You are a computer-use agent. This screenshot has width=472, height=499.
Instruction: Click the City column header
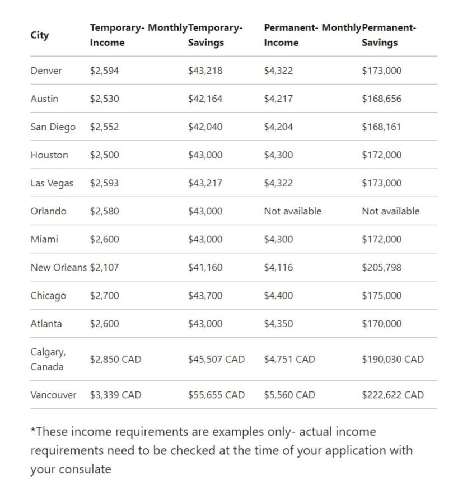tap(39, 35)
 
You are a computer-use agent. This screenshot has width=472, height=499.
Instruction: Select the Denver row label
tap(46, 71)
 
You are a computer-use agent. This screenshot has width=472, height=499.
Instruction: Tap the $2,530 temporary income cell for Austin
tap(104, 99)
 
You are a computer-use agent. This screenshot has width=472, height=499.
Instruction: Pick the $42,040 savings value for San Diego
tap(205, 127)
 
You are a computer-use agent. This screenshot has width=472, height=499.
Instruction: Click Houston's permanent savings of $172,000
tap(381, 155)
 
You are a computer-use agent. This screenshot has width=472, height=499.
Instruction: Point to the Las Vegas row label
tap(52, 183)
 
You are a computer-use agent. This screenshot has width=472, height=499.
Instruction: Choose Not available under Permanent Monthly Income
tap(292, 211)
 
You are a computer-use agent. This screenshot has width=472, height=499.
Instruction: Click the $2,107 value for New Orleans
tap(104, 268)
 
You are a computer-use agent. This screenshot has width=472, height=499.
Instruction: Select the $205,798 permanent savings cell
tap(381, 268)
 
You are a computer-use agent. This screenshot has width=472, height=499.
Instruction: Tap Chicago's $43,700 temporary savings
tap(205, 296)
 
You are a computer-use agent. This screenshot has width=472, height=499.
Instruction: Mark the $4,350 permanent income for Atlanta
tap(278, 324)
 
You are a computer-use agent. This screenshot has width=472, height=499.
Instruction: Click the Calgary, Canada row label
tap(48, 359)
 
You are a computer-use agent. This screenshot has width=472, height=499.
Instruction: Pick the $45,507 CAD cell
tap(216, 360)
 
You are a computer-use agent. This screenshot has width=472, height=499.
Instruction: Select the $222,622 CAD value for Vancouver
tap(392, 395)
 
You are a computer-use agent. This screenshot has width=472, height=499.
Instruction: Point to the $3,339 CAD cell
tap(115, 395)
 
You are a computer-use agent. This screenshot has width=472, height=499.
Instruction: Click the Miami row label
tap(44, 239)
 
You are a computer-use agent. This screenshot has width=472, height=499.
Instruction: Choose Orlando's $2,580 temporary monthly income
tap(104, 211)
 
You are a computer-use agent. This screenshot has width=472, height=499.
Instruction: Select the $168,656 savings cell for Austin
tap(381, 99)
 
